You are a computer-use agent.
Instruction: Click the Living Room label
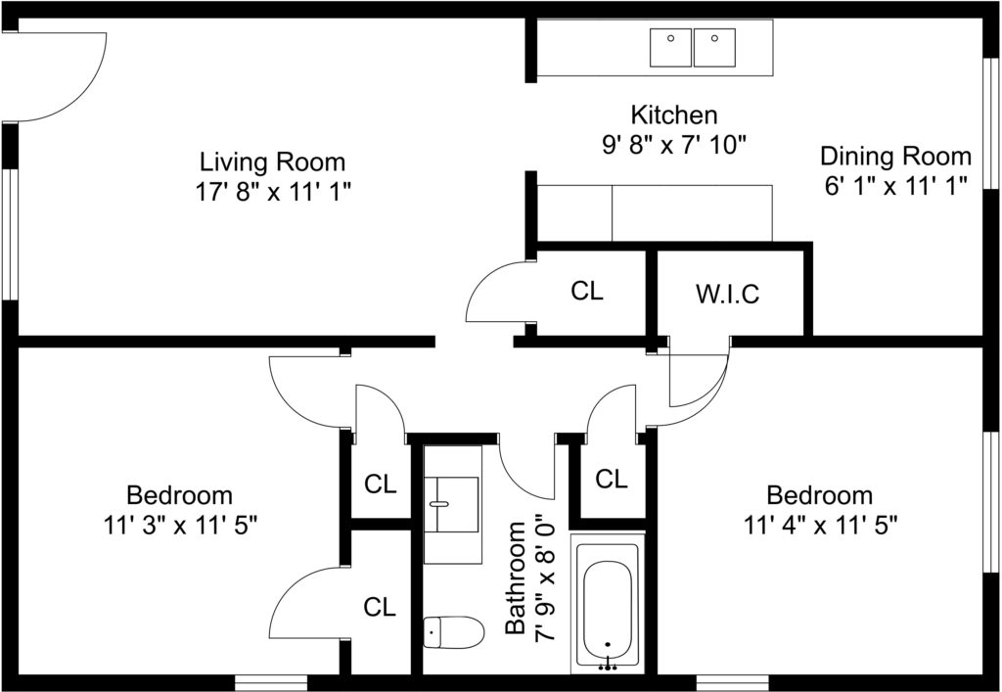coord(273,161)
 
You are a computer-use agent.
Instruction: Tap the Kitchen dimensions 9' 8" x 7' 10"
coord(674,145)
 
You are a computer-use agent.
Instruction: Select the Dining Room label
coord(895,156)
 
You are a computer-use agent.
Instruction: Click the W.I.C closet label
coord(727,294)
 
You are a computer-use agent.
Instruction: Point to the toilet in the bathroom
coord(454,632)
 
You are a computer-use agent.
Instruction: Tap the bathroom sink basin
coord(452,504)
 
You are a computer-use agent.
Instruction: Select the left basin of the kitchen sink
coord(671,47)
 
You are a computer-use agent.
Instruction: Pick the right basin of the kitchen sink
coord(714,47)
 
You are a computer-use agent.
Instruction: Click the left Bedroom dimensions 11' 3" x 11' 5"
coord(180,526)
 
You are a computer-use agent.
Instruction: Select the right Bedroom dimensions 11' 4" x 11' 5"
coord(821,526)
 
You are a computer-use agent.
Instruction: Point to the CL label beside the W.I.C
coord(587,291)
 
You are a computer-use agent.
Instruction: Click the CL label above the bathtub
coord(612,479)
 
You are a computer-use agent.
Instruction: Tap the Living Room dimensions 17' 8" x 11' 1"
coord(273,192)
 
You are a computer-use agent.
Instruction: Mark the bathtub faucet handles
coord(608,668)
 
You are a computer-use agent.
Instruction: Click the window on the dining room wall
coord(992,124)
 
